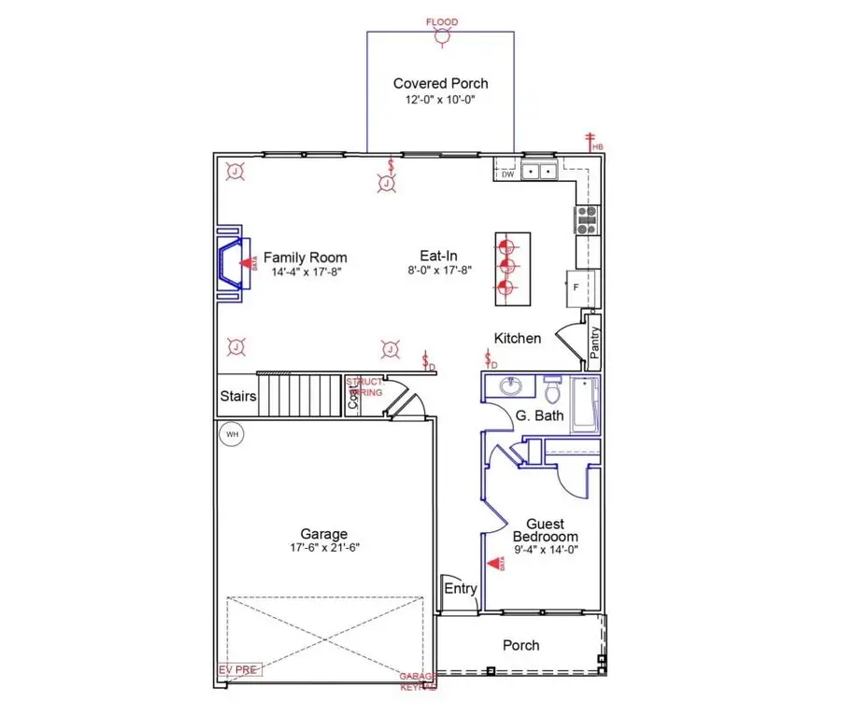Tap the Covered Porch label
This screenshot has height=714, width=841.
(440, 83)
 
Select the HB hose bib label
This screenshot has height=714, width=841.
(596, 147)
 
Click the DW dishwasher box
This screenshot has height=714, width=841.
(507, 174)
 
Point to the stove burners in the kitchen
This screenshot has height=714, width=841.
(588, 219)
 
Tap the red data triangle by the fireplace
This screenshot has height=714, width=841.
(247, 264)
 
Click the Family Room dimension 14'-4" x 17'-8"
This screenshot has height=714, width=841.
(305, 273)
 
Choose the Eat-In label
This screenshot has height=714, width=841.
(437, 257)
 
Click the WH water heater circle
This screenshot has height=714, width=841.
(231, 435)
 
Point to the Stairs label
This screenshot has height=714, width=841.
(238, 397)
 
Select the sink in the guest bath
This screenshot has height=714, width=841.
(510, 385)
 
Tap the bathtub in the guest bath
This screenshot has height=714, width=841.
(584, 404)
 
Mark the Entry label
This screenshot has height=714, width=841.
(461, 588)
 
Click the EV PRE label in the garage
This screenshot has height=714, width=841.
(239, 669)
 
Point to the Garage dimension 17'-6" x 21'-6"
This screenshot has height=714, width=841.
(324, 548)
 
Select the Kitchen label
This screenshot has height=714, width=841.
(518, 338)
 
